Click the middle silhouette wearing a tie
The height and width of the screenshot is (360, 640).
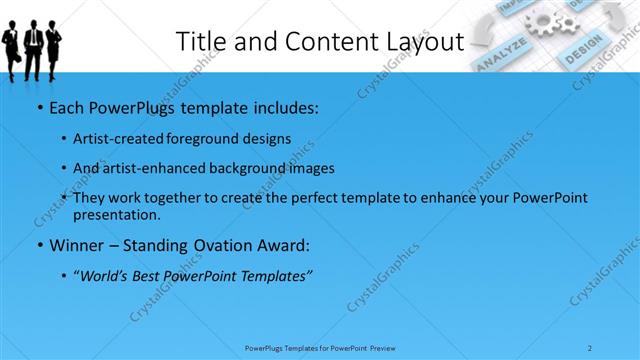pos(33,45)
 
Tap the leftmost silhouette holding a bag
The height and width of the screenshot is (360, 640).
pos(11,45)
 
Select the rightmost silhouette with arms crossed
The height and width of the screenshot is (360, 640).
pos(53,45)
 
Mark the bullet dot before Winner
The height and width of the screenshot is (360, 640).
pos(38,245)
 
